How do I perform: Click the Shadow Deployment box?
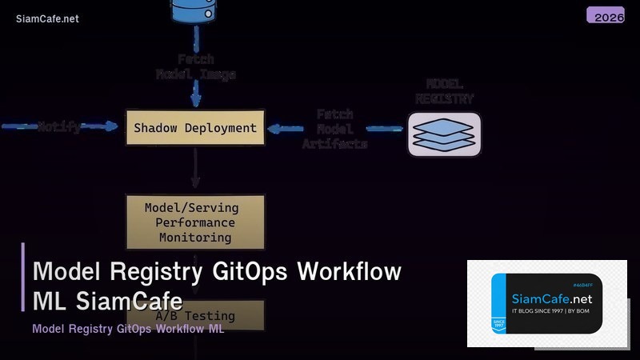click(x=195, y=128)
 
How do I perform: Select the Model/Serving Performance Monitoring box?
click(x=195, y=222)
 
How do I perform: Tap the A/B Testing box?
click(x=195, y=315)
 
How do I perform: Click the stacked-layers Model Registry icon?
click(x=445, y=134)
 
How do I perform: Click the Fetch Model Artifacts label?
click(x=334, y=129)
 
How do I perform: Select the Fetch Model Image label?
click(x=195, y=66)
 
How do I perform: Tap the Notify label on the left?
click(x=59, y=127)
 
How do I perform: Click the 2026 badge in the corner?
click(x=606, y=15)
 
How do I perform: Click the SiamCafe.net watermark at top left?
click(x=47, y=19)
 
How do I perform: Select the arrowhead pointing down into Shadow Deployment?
click(x=195, y=101)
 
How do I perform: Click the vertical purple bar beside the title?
click(x=23, y=276)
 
